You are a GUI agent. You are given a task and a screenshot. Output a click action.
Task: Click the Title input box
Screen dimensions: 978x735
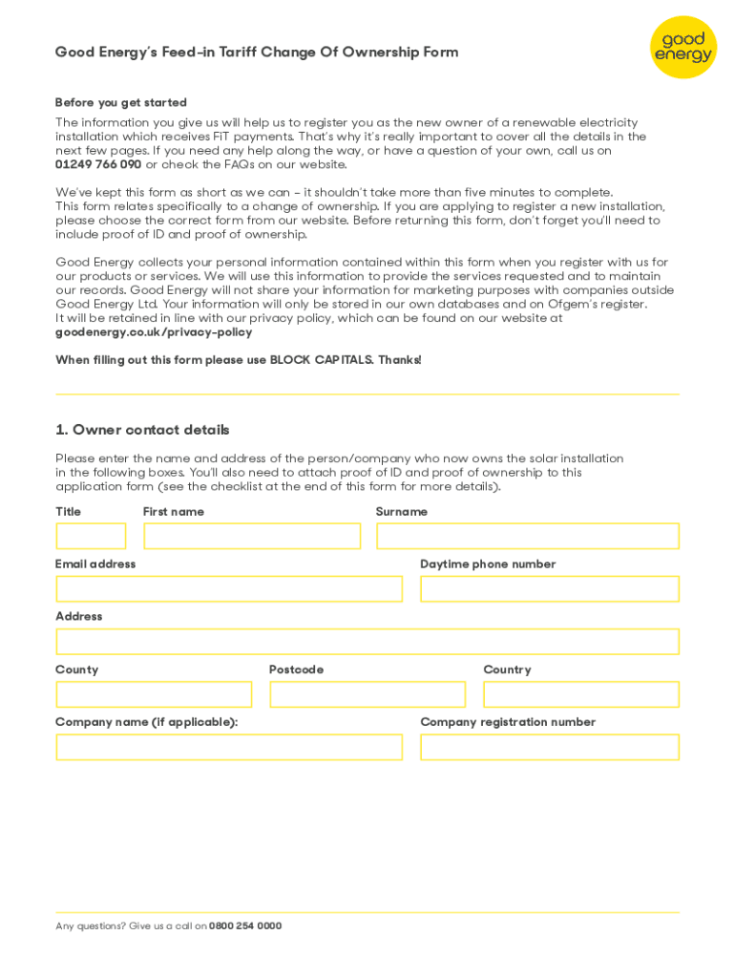[91, 536]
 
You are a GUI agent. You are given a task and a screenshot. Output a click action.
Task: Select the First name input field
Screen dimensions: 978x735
[252, 536]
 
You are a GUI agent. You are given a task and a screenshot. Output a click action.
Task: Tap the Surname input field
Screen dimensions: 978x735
[527, 536]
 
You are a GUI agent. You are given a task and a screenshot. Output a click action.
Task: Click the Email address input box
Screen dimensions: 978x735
[229, 588]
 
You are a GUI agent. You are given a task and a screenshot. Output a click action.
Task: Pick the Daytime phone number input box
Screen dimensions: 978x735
[549, 588]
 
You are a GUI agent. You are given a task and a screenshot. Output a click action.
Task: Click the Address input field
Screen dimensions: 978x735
[367, 641]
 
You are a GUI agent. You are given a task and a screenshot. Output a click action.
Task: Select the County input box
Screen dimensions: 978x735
[154, 694]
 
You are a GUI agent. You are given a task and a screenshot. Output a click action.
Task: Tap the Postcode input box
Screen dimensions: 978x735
[367, 694]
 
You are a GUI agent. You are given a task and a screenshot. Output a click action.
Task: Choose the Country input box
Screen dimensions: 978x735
[581, 694]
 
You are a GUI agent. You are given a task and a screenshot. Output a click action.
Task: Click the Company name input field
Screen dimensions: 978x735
[229, 747]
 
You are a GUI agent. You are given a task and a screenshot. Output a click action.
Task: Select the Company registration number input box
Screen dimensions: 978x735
[549, 747]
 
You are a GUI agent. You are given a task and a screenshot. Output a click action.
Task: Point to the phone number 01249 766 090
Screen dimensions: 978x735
[98, 164]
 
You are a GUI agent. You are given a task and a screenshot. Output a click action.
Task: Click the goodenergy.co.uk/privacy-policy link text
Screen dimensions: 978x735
[154, 332]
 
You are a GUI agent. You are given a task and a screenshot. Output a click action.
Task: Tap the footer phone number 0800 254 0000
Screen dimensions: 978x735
[245, 925]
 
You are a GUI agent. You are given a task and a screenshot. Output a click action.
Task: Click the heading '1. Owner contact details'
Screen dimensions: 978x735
[142, 430]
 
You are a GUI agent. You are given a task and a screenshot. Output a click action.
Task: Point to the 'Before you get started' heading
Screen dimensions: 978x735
[121, 102]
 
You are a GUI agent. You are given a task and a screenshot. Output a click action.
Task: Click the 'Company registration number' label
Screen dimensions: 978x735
[508, 722]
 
